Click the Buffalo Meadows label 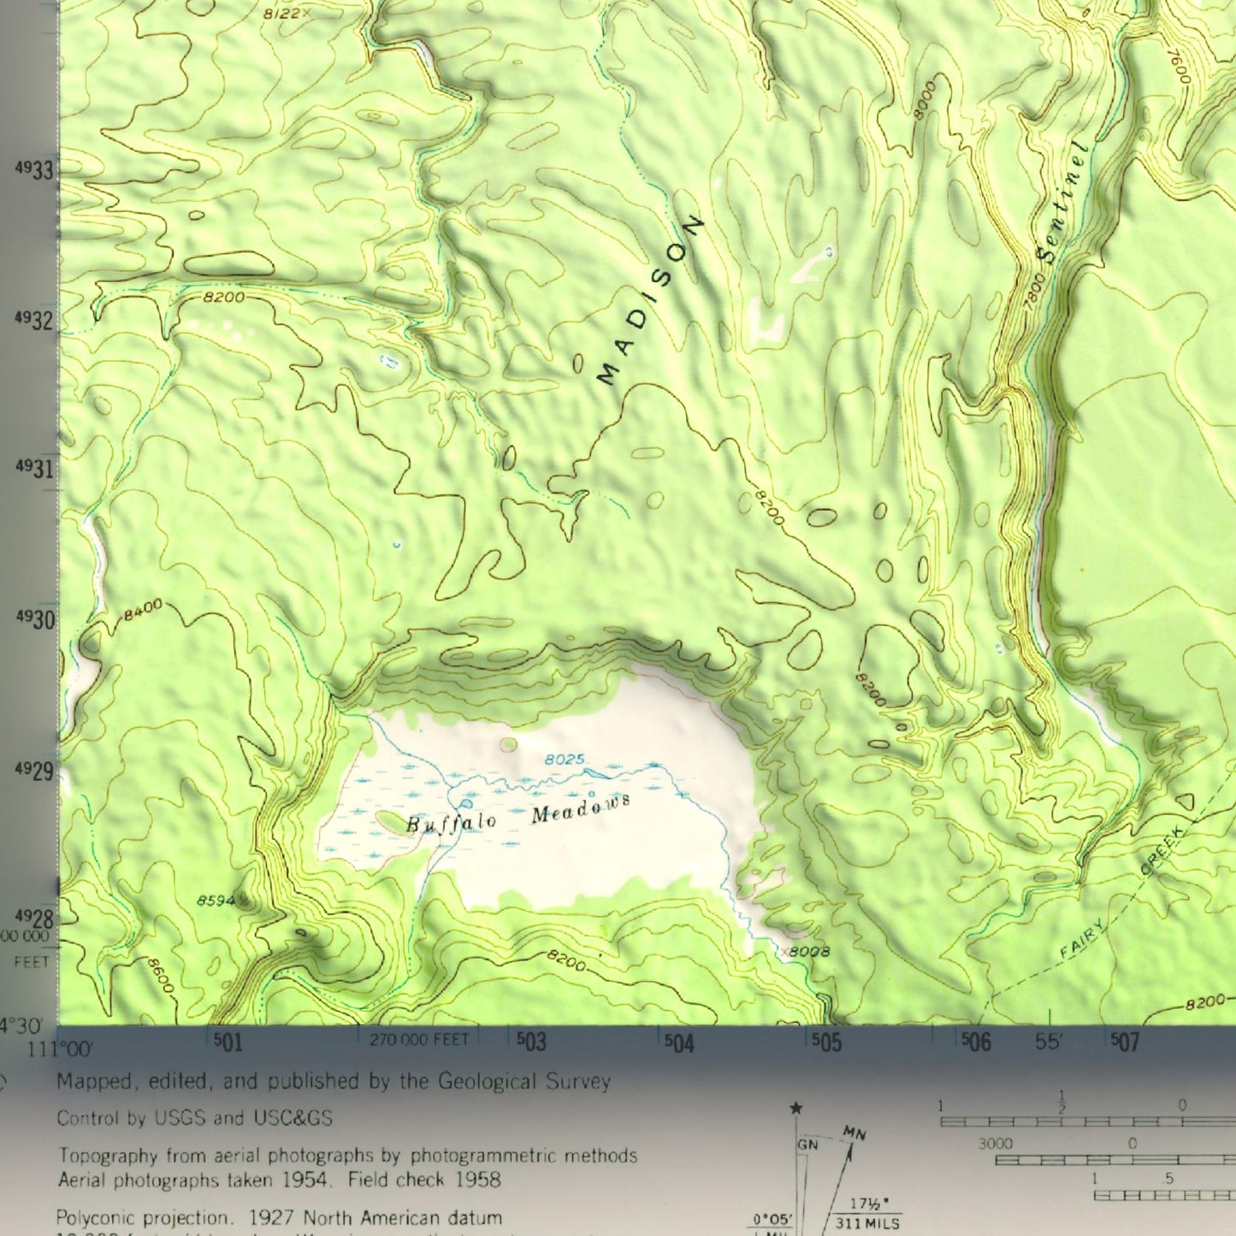(x=518, y=813)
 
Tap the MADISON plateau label (x=649, y=301)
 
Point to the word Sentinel (x=1062, y=203)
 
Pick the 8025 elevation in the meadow (x=565, y=759)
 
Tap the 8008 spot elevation (x=808, y=951)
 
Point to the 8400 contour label (x=143, y=610)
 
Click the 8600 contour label (x=160, y=976)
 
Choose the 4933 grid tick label (x=34, y=170)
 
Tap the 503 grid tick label (x=531, y=1041)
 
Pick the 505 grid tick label (x=826, y=1042)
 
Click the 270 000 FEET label (x=419, y=1040)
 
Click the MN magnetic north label (x=855, y=1133)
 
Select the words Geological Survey (x=524, y=1082)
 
